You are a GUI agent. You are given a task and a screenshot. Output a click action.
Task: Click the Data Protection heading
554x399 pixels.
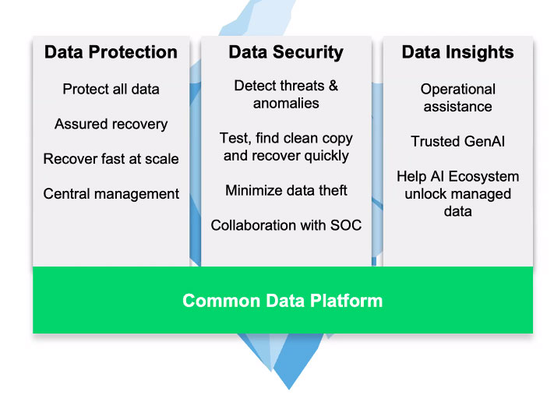[x=111, y=52]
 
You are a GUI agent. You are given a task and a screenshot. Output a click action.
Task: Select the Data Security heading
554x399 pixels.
[x=286, y=53]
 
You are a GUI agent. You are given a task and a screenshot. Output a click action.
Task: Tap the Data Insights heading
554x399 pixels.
[x=457, y=53]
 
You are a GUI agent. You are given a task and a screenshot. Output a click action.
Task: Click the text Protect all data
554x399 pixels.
[x=111, y=89]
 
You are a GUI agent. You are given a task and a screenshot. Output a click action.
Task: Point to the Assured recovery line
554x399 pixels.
[x=111, y=125]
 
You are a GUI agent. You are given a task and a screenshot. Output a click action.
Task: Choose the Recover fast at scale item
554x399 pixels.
[x=111, y=159]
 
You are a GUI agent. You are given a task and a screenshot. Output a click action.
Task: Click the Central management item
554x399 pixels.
[x=111, y=194]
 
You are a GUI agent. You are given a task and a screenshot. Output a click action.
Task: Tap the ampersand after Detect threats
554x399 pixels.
[x=333, y=86]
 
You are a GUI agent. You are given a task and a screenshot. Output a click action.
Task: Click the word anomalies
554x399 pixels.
[x=286, y=104]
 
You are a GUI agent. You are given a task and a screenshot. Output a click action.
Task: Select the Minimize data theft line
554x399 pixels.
[x=286, y=190]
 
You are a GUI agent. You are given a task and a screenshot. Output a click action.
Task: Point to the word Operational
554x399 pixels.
[x=458, y=90]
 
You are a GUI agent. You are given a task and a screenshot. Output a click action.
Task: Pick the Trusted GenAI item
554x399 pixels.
[x=458, y=141]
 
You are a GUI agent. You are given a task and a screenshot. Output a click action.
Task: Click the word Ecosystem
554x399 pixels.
[x=484, y=177]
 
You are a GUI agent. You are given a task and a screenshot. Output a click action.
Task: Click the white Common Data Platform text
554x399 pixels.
[x=282, y=301]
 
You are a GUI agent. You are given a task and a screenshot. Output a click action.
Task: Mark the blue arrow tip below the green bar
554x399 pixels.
[x=289, y=389]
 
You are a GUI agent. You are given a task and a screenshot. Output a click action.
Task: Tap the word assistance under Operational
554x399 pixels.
[x=458, y=107]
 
